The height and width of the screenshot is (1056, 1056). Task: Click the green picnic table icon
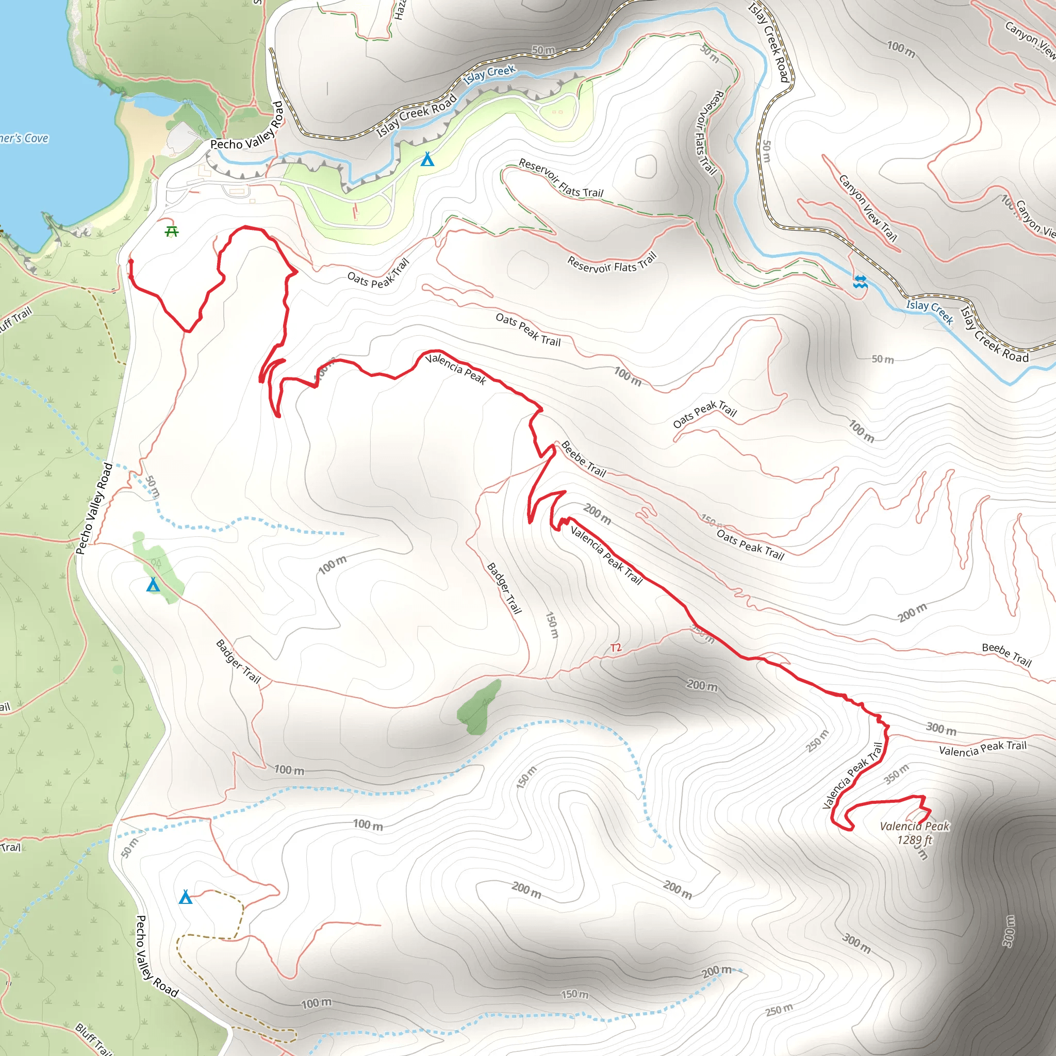click(172, 232)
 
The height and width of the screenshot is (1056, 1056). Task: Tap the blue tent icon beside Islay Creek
click(427, 160)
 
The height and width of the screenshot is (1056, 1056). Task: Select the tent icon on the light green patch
click(153, 585)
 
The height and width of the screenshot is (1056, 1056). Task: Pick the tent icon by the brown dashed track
click(186, 897)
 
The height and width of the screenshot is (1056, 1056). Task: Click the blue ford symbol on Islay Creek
click(860, 282)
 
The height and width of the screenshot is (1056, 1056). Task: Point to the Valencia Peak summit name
click(914, 827)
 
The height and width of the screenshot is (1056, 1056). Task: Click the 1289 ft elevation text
click(914, 840)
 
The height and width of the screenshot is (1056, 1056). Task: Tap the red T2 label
click(616, 648)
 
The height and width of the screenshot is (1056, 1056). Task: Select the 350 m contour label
click(896, 774)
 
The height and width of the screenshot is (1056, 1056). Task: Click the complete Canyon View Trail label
click(868, 208)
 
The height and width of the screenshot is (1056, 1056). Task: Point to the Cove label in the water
click(25, 138)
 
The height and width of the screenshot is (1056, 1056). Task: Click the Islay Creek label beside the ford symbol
click(929, 312)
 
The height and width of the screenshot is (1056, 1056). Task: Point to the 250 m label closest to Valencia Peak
click(818, 740)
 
